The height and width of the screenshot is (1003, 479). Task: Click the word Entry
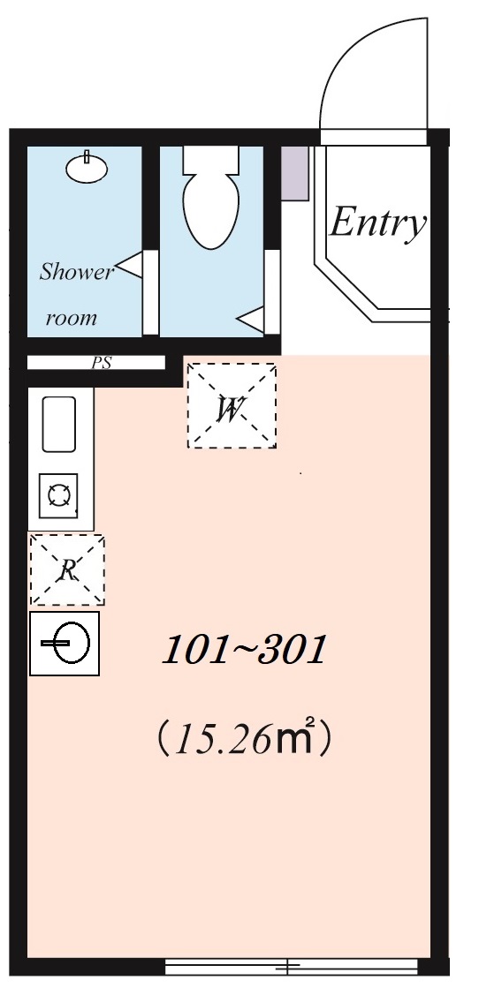pyautogui.click(x=377, y=222)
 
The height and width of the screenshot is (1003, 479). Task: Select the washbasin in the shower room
pyautogui.click(x=87, y=168)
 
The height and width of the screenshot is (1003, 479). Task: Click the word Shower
pyautogui.click(x=77, y=272)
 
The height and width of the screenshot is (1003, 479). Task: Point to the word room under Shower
pyautogui.click(x=71, y=318)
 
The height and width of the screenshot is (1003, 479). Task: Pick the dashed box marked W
pyautogui.click(x=232, y=406)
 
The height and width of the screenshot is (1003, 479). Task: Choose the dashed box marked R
pyautogui.click(x=67, y=569)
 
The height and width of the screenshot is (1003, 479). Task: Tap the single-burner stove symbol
pyautogui.click(x=59, y=495)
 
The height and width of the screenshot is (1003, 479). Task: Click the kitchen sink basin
pyautogui.click(x=59, y=425)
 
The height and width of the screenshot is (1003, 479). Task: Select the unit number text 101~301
pyautogui.click(x=244, y=652)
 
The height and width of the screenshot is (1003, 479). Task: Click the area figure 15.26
pyautogui.click(x=221, y=741)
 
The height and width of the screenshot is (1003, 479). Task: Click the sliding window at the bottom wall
pyautogui.click(x=291, y=967)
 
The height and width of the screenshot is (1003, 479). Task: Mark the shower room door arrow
pyautogui.click(x=131, y=265)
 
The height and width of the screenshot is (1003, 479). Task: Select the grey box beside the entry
pyautogui.click(x=294, y=173)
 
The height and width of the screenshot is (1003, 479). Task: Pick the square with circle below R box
pyautogui.click(x=65, y=645)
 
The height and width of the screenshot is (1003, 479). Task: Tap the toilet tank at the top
pyautogui.click(x=211, y=160)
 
